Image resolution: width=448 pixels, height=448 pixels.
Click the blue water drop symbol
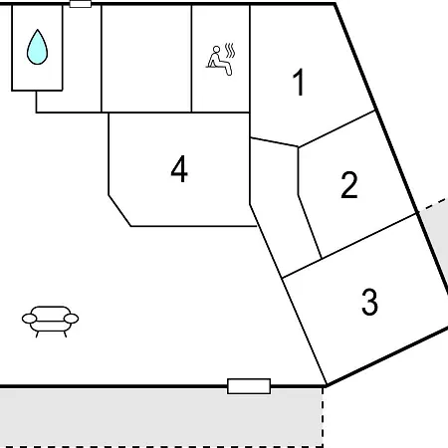pos(37,47)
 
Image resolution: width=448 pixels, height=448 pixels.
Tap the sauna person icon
pos(220,61)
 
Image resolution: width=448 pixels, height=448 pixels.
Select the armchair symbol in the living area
pos(50,322)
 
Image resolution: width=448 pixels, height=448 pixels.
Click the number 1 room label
pos(299,82)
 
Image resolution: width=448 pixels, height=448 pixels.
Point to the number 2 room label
pos(349,185)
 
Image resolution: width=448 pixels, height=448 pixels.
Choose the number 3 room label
pos(369,302)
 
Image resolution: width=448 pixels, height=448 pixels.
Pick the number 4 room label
pos(179,168)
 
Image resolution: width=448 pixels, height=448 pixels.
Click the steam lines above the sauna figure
pos(230,50)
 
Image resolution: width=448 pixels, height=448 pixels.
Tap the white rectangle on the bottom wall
pos(249,386)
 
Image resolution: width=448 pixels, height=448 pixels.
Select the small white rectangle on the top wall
pos(81,4)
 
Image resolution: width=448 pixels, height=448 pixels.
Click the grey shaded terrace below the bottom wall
pos(161,417)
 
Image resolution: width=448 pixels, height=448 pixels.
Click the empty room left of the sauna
pos(146,59)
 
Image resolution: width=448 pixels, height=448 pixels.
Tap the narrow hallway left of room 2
pos(282,206)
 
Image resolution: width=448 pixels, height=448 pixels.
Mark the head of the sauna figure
pos(216,50)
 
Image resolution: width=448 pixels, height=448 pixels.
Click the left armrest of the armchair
pos(29,319)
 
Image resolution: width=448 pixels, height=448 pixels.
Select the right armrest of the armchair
pos(71,319)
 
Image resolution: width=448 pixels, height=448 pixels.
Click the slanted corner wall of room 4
pos(119,211)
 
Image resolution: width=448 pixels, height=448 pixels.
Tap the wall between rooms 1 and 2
pos(336,128)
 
